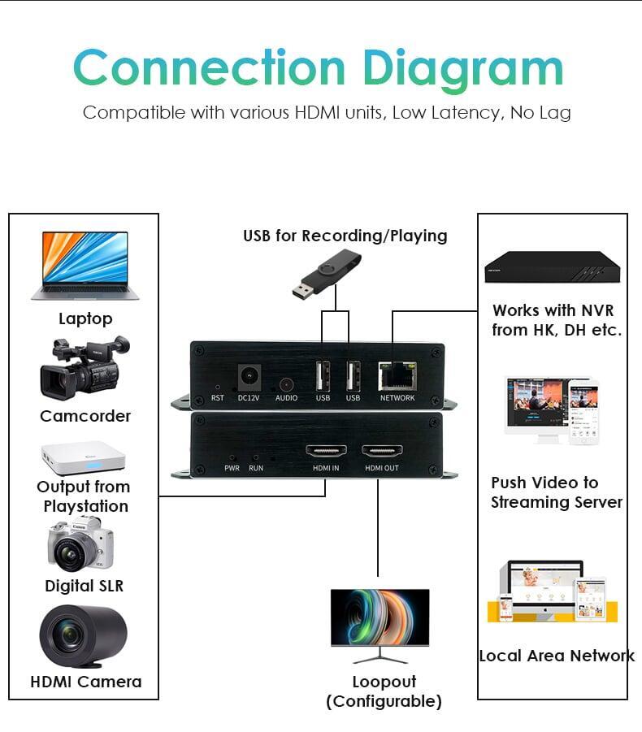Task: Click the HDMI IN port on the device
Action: (x=326, y=451)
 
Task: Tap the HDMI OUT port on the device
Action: (x=381, y=451)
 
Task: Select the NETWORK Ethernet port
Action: (x=397, y=376)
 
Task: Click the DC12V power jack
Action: (x=249, y=378)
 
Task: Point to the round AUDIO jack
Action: (x=286, y=385)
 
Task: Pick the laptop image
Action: (x=85, y=266)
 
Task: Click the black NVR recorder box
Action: (x=552, y=266)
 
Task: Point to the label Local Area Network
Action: (x=557, y=656)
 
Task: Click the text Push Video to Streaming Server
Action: (x=557, y=492)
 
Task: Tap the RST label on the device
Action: (x=218, y=398)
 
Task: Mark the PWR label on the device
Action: (x=232, y=468)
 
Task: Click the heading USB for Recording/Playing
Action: (x=345, y=236)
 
